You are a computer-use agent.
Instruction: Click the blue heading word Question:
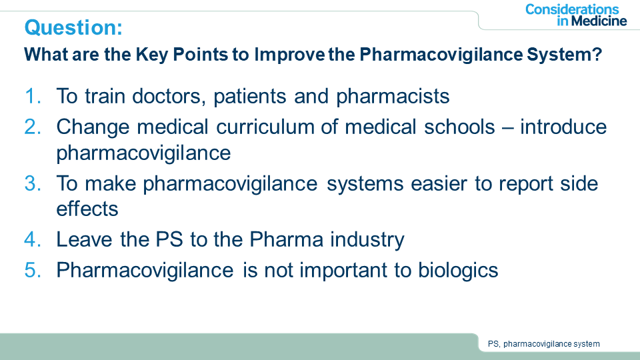pos(73,28)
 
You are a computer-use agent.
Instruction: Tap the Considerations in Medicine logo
pos(576,15)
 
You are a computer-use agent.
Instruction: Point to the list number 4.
pos(33,239)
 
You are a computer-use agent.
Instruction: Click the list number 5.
pos(33,270)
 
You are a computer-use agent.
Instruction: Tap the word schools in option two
pos(459,127)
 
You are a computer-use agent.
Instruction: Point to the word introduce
pos(563,127)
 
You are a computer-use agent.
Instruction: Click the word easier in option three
pos(439,183)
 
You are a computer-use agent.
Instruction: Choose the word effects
pos(87,209)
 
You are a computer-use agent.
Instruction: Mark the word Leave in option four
pos(84,239)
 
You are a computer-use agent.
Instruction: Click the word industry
pos(367,240)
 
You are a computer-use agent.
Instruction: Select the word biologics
pos(458,271)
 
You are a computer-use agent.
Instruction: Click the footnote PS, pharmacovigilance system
pos(544,344)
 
